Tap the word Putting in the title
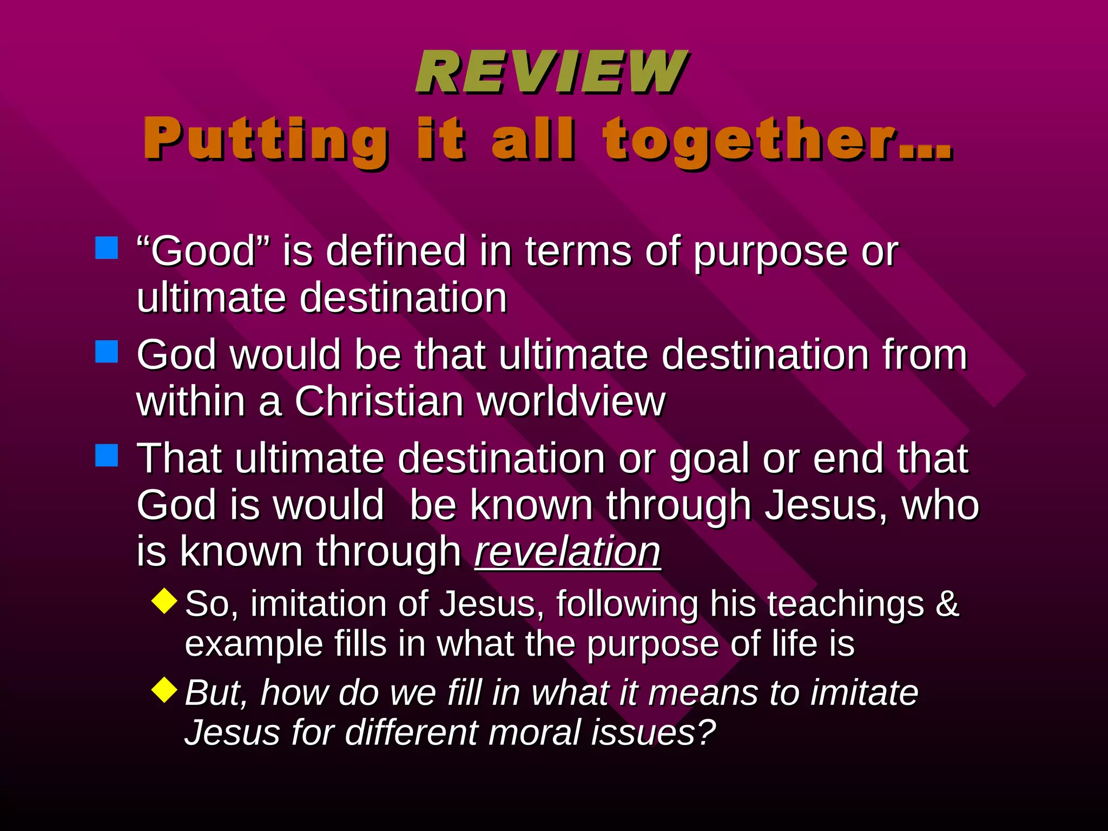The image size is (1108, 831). [265, 140]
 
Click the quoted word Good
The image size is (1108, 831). [203, 251]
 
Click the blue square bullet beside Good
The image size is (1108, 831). [107, 248]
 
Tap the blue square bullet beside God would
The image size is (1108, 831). [107, 352]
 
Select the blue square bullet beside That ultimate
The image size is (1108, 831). [107, 456]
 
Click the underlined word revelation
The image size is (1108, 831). [568, 552]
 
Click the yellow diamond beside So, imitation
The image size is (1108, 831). [164, 601]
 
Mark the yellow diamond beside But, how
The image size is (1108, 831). [164, 690]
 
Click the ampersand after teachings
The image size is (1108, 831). [947, 604]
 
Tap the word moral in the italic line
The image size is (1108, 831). [524, 733]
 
